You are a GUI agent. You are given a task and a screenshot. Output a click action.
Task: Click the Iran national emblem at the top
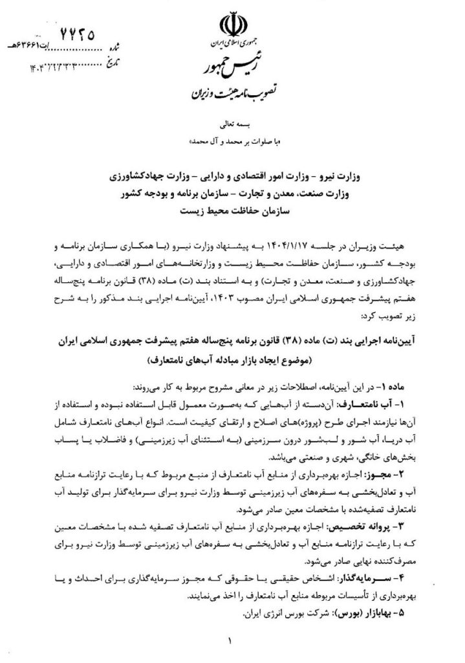232,27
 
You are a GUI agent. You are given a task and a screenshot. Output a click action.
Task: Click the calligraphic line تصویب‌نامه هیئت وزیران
232,91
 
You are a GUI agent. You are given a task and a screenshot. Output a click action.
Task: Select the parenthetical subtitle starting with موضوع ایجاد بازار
233,357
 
